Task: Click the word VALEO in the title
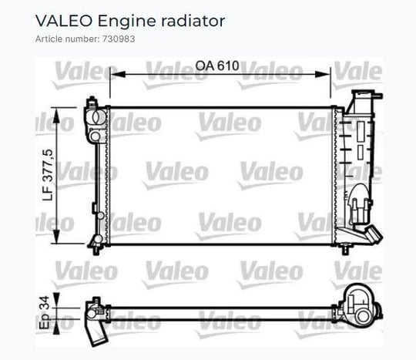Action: tap(64, 21)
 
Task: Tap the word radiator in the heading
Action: tap(193, 21)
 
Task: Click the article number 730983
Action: tap(119, 39)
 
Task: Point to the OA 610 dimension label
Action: tap(217, 66)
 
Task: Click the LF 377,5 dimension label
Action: tap(48, 175)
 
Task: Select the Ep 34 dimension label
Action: tap(45, 312)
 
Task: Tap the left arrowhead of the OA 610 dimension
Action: tap(118, 74)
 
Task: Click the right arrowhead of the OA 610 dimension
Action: tap(323, 74)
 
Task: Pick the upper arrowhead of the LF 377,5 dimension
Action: tap(56, 116)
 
